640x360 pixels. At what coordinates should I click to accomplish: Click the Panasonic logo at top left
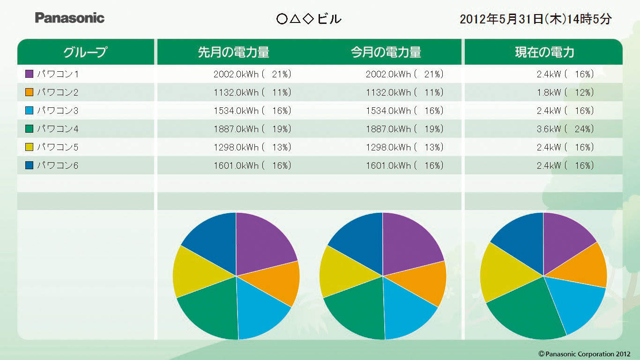click(x=70, y=18)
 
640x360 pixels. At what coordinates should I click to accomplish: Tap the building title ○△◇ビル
click(x=309, y=19)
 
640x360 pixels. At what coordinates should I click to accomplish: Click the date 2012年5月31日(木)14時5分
click(x=536, y=19)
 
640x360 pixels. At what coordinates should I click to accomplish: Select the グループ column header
click(x=85, y=52)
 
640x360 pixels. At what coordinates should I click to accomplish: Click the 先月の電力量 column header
click(x=233, y=52)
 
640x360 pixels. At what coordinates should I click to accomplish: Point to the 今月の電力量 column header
click(x=386, y=52)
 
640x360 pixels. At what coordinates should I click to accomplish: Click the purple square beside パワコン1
click(x=29, y=74)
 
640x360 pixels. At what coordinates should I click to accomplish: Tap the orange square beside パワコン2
click(x=29, y=92)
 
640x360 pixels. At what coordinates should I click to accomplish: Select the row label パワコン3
click(x=58, y=111)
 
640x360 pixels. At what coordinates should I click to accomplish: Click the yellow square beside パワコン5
click(x=29, y=147)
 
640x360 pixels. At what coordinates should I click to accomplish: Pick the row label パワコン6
click(x=58, y=165)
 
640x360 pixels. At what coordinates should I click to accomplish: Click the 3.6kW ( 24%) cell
click(x=566, y=129)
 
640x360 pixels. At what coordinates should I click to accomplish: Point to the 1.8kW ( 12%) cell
click(x=566, y=92)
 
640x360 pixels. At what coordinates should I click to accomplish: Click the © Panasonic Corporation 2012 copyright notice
click(x=584, y=354)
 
